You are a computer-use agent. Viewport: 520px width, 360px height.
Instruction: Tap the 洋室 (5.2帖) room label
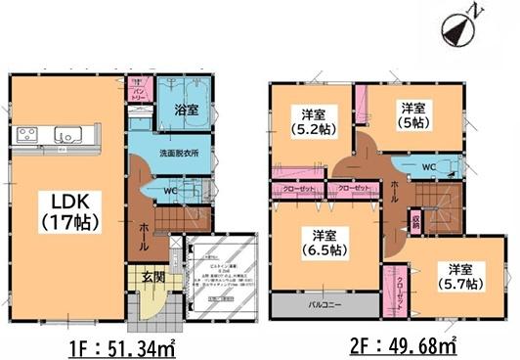[x=311, y=117]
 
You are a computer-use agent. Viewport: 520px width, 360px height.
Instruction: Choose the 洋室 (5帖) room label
[x=411, y=114]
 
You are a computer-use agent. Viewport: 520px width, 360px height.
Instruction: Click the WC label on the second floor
[x=426, y=167]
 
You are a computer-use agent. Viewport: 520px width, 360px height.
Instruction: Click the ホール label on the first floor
[x=143, y=233]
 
